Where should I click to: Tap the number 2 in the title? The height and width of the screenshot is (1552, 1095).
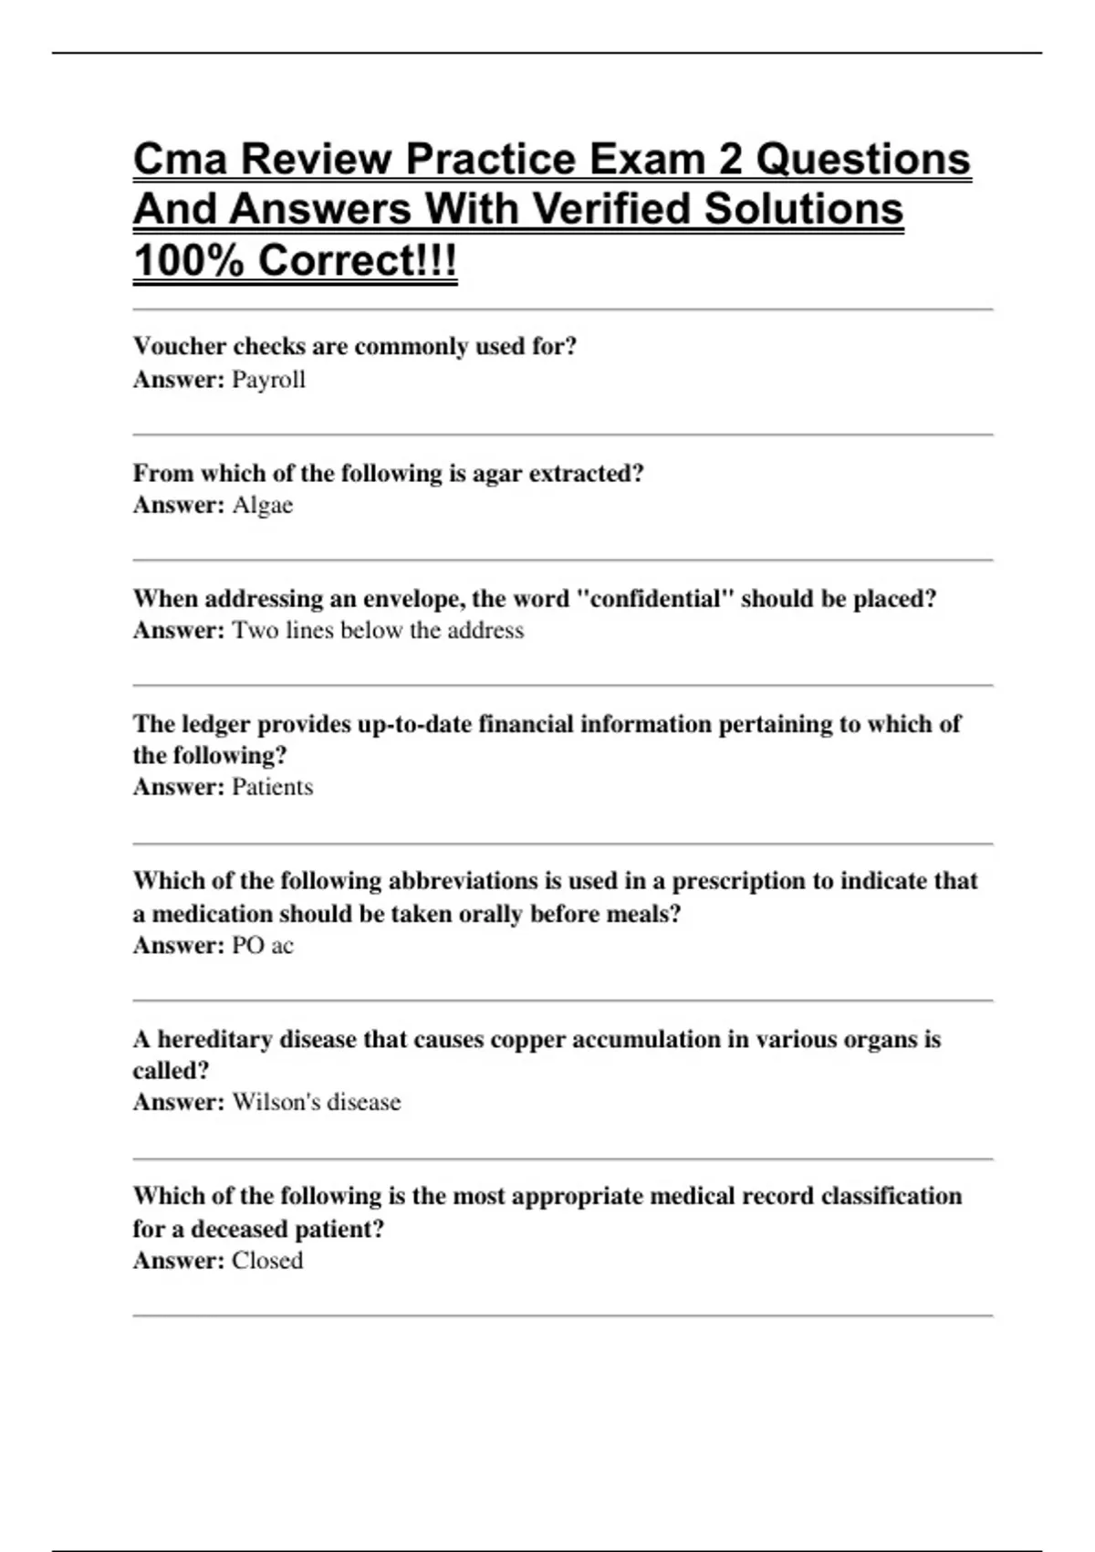730,159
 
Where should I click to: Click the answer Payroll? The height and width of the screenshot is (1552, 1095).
268,380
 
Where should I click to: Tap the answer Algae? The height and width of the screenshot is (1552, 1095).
263,505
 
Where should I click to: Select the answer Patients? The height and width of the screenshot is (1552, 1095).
272,787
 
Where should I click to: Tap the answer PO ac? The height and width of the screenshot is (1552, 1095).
263,945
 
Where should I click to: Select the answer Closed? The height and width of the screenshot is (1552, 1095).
267,1261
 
